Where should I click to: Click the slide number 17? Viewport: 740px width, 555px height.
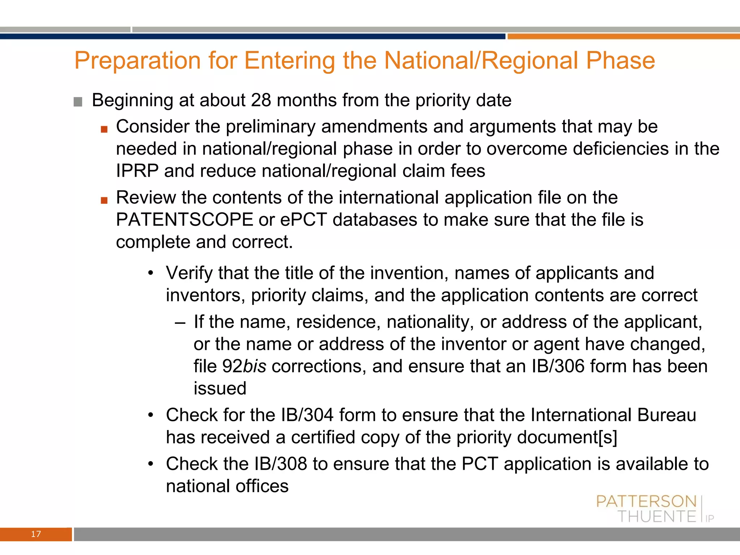click(x=36, y=534)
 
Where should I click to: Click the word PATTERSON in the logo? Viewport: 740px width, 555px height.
click(x=646, y=502)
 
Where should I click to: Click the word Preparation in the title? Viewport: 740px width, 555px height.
click(x=137, y=61)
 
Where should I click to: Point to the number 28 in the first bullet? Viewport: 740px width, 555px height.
click(x=261, y=100)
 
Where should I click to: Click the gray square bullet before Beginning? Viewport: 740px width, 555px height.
click(x=78, y=102)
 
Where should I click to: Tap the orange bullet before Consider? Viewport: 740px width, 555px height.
click(x=104, y=129)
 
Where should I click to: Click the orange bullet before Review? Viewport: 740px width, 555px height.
click(x=104, y=200)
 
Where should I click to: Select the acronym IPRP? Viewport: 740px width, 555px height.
click(x=137, y=171)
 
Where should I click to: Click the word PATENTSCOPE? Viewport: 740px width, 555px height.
click(x=184, y=220)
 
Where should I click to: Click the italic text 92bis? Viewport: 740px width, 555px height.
click(x=244, y=366)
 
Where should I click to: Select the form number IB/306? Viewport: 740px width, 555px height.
click(x=558, y=366)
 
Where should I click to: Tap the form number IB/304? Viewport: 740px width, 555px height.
click(x=307, y=415)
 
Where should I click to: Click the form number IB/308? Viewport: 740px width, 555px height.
click(x=280, y=464)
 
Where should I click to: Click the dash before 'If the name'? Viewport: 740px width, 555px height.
click(x=180, y=322)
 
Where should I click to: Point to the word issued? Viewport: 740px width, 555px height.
click(x=220, y=388)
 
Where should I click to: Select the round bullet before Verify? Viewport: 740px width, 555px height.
click(x=151, y=272)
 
